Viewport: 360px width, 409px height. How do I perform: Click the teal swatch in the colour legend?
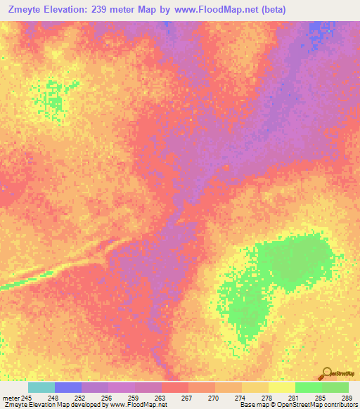click(x=41, y=388)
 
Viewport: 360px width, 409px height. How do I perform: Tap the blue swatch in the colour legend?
click(x=68, y=388)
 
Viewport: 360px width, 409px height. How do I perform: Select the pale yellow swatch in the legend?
click(x=282, y=388)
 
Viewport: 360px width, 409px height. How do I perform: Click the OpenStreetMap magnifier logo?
click(x=326, y=372)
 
